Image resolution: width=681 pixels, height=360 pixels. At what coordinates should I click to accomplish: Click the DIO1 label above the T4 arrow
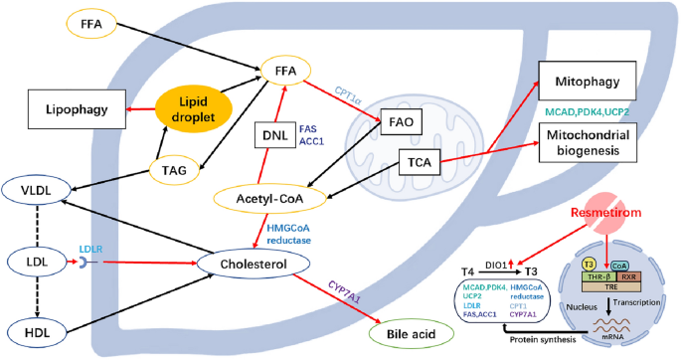(x=507, y=263)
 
